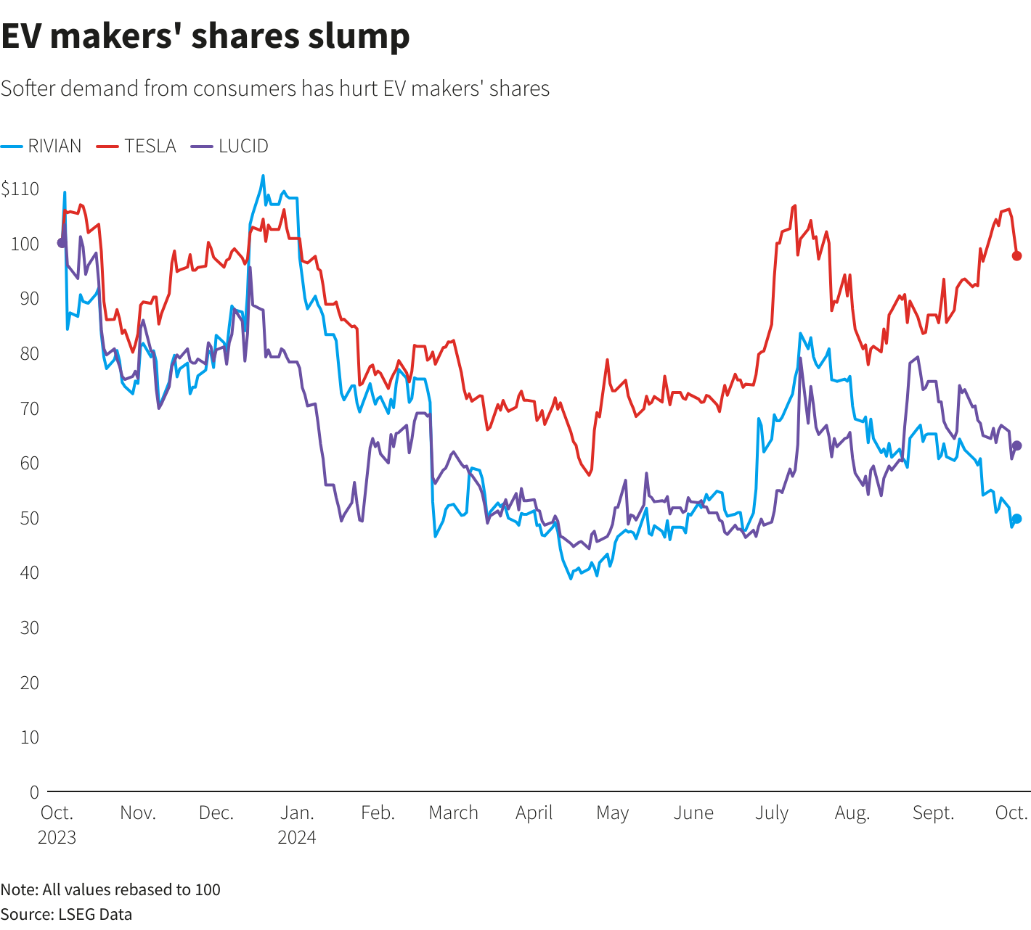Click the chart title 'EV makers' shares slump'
click(205, 36)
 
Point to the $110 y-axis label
click(20, 189)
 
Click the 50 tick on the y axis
click(30, 518)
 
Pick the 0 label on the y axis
click(34, 792)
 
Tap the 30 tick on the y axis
click(30, 627)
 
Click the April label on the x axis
click(534, 812)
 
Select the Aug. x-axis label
click(852, 812)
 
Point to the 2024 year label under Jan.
click(297, 837)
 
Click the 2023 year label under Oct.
click(57, 837)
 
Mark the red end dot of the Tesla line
click(1016, 256)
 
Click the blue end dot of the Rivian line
click(1016, 519)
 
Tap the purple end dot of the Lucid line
click(1017, 445)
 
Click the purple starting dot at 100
click(62, 243)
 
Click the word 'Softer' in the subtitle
click(27, 89)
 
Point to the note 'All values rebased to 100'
click(131, 889)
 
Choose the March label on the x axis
click(454, 812)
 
